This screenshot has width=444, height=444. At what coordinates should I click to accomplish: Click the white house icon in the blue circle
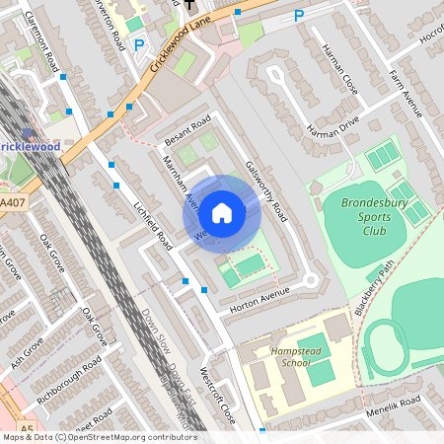click(x=222, y=212)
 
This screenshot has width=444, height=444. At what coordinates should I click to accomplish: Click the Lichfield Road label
click(x=153, y=224)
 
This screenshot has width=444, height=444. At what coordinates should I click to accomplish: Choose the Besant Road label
click(x=187, y=132)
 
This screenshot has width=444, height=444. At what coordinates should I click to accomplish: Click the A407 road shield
click(x=13, y=203)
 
